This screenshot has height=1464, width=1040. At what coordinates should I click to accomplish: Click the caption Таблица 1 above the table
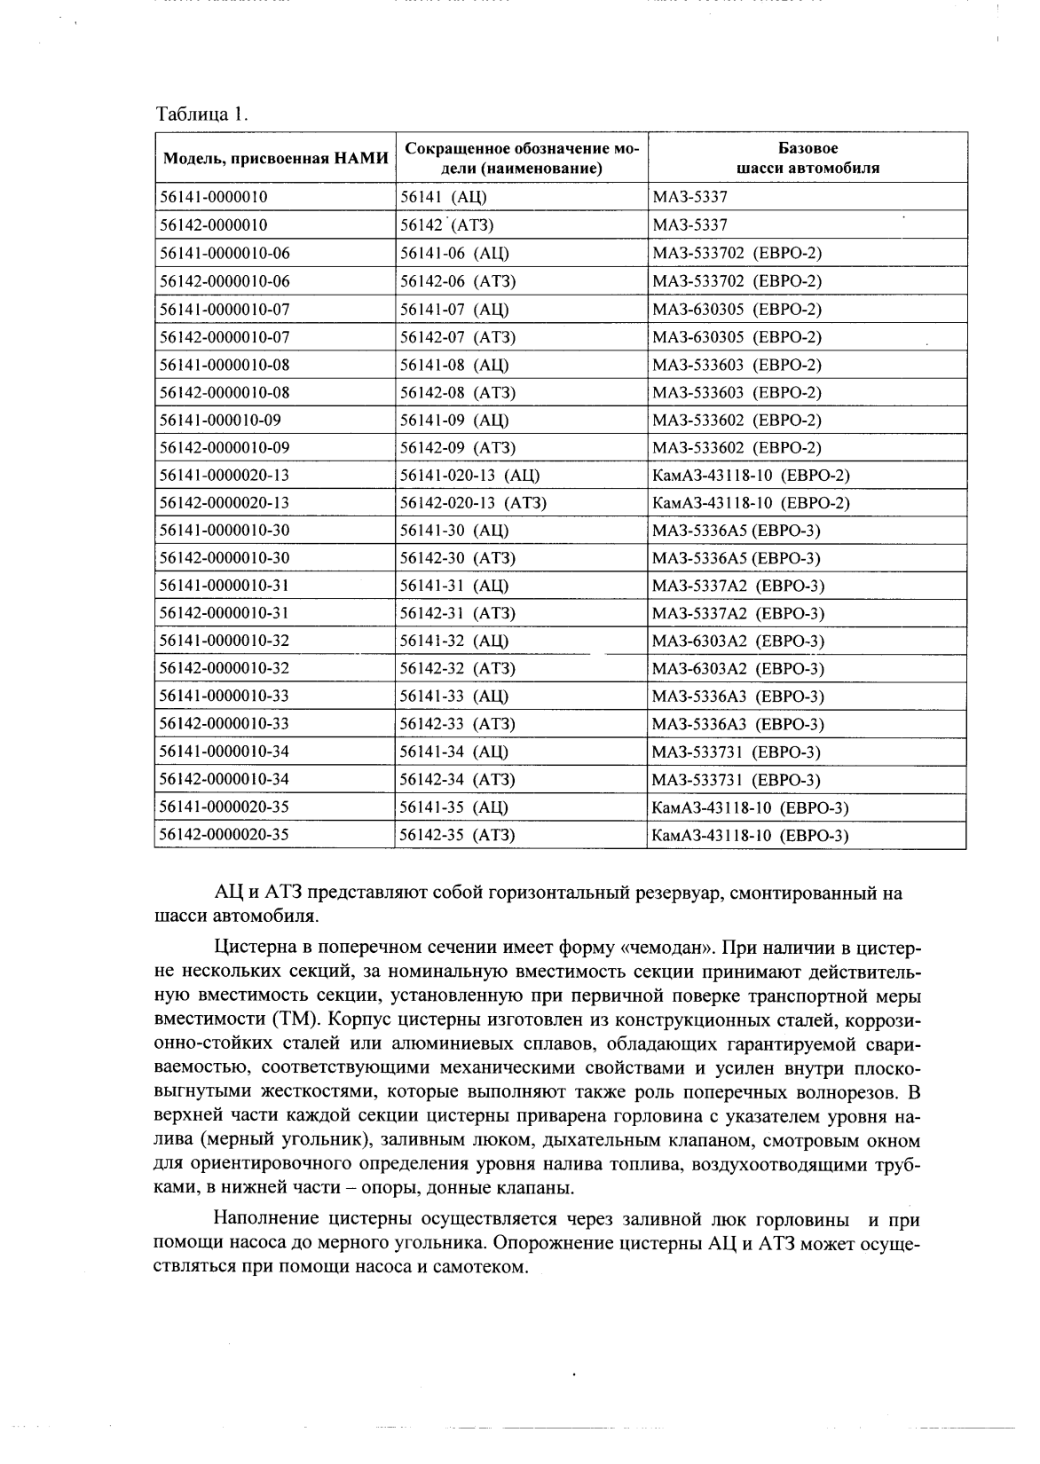[x=202, y=114]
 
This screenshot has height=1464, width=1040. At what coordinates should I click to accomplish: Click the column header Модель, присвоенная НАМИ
[x=276, y=159]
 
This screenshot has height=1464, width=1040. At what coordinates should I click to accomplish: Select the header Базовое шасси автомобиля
[x=808, y=158]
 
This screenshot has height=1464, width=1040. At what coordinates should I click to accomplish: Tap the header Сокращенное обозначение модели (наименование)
[x=522, y=158]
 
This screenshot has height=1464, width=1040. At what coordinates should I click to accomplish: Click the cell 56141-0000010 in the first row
[x=214, y=198]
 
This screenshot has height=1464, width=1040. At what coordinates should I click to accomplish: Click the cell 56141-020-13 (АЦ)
[x=469, y=476]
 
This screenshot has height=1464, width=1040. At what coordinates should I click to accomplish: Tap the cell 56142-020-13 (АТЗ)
[x=473, y=503]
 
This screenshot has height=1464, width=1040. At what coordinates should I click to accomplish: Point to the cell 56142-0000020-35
[x=224, y=835]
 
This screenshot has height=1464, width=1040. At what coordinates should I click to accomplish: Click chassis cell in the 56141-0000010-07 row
[x=737, y=310]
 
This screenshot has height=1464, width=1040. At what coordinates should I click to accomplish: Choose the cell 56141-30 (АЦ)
[x=454, y=531]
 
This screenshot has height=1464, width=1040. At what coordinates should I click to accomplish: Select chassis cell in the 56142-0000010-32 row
[x=737, y=669]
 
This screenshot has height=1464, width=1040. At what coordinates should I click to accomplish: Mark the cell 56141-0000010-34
[x=224, y=752]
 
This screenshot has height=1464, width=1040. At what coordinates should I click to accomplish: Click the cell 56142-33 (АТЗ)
[x=457, y=724]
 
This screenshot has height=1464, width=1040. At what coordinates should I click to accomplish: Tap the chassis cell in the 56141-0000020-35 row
[x=750, y=808]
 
